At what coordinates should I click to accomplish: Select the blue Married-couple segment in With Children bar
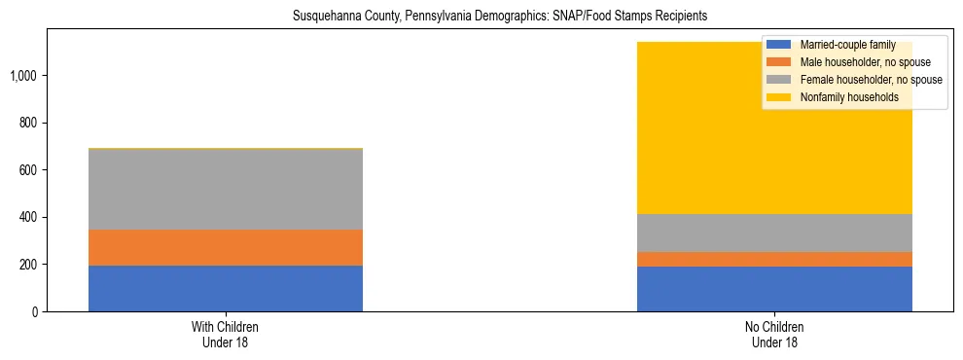tap(225, 288)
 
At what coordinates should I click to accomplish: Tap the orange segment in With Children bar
tap(225, 247)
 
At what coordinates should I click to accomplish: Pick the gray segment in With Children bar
tap(225, 190)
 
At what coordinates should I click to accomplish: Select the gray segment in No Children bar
tap(774, 233)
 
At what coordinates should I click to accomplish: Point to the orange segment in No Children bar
tap(774, 259)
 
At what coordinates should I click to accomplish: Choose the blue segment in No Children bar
tap(774, 289)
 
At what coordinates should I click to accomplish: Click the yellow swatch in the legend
tap(780, 97)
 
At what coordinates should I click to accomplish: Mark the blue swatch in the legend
tap(780, 46)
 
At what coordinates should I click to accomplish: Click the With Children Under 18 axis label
tap(225, 335)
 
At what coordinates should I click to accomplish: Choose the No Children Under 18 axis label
tap(774, 335)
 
